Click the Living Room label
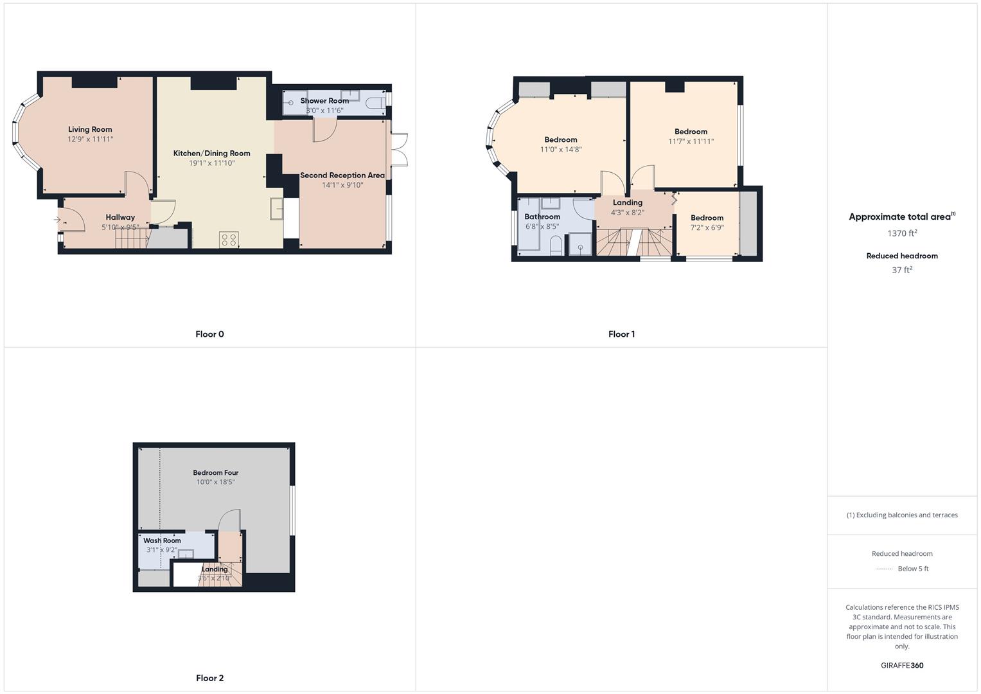90,129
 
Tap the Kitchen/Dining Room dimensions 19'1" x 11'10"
211,163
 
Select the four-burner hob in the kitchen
229,240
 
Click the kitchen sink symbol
277,209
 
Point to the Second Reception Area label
342,175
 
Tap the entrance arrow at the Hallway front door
57,220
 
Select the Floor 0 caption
209,334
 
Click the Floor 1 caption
621,334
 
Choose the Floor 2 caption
209,678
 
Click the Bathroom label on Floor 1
542,217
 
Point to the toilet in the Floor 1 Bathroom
556,245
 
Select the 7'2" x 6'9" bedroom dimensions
707,227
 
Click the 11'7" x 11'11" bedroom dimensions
691,141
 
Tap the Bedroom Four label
215,472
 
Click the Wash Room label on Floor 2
162,540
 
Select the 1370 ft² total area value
902,233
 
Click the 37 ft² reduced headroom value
902,270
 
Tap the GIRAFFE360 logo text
902,665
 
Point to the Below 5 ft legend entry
912,569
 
